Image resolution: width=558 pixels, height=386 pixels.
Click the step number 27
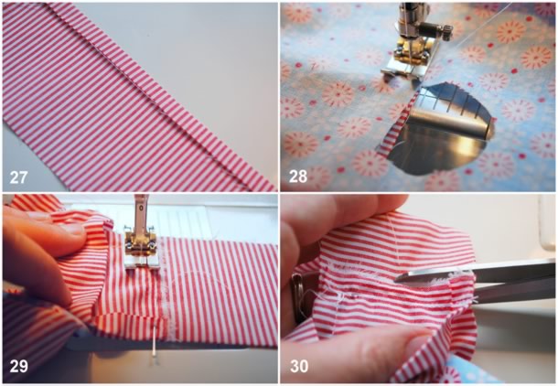click(x=18, y=177)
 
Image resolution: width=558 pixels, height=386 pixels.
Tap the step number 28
click(x=298, y=177)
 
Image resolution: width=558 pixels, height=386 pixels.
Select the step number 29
click(x=18, y=366)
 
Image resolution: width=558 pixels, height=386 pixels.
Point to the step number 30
click(x=299, y=366)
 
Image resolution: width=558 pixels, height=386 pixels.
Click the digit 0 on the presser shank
click(x=141, y=207)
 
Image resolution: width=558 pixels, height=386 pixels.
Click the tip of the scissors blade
click(x=396, y=280)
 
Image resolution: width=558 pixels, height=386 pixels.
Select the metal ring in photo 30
click(x=296, y=299)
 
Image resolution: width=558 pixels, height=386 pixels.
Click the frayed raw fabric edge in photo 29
click(x=164, y=284)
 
